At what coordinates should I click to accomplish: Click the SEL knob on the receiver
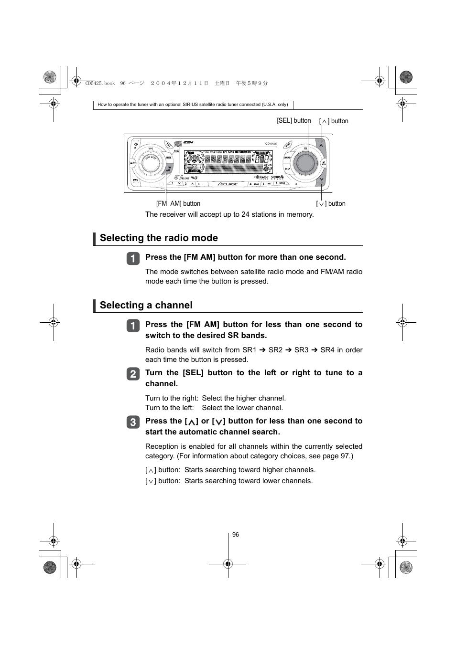304,164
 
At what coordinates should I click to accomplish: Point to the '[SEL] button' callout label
293,121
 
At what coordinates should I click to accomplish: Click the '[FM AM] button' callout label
178,204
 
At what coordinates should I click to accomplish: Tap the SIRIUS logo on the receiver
277,177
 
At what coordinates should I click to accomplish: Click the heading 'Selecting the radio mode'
159,238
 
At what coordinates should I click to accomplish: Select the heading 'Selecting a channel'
146,306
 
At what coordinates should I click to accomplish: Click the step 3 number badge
133,422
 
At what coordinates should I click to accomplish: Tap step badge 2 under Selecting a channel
133,374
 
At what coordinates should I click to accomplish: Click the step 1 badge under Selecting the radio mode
133,258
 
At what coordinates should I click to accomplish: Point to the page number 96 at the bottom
236,535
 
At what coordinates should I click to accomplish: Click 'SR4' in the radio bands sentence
327,350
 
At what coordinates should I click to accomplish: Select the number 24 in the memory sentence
245,214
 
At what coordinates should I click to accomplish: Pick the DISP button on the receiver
287,169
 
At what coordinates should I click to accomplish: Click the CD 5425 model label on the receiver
271,144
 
